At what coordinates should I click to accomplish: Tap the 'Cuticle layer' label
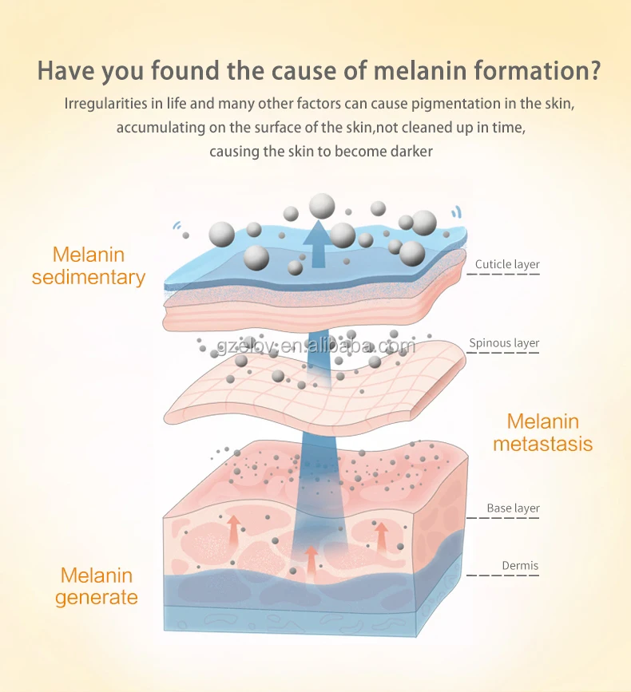pos(507,264)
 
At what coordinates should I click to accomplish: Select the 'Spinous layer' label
pos(504,343)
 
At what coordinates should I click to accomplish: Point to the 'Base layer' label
pos(513,508)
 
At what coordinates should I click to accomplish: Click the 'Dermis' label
pos(520,566)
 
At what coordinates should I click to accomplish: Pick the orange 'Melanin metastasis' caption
pos(542,433)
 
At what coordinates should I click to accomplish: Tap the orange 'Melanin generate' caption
pos(97,586)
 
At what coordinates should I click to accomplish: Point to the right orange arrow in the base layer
pos(382,536)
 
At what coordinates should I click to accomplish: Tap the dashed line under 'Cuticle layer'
pos(503,275)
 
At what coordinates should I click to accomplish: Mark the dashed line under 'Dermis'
pos(503,575)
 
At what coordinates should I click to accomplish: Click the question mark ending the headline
pos(592,69)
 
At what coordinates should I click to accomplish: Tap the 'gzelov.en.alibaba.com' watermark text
pos(315,346)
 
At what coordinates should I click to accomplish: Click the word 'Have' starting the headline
pos(65,69)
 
